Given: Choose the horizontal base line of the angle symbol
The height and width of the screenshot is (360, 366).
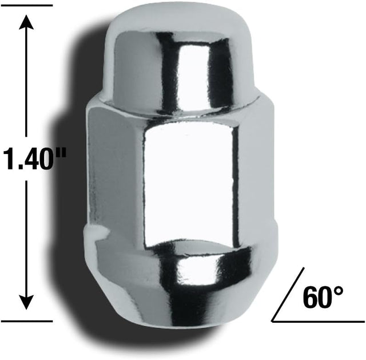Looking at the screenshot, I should [320, 318].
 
